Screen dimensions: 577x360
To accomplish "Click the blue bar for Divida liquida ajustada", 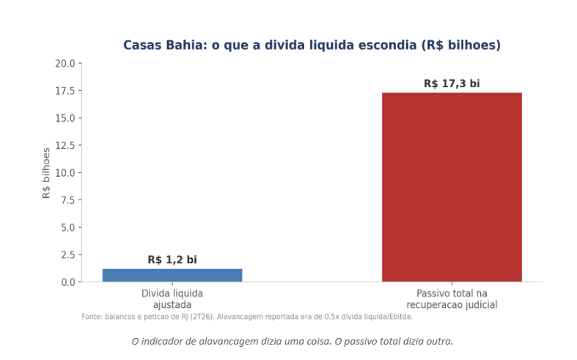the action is pos(172,276).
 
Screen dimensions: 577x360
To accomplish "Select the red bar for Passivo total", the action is pos(452,188).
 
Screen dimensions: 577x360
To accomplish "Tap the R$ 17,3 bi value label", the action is pos(452,84).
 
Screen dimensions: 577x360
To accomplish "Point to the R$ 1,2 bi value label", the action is pos(172,260).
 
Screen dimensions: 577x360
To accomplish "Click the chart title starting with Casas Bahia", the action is pos(312,45).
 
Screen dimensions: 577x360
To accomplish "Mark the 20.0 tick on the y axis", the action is pos(65,64).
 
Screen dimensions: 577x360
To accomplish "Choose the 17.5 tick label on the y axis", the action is pos(65,91).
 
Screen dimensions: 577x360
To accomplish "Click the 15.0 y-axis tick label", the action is pos(65,118).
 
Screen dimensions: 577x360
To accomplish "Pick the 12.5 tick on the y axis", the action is pos(65,145).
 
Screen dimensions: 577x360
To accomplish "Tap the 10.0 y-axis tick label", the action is pos(65,172).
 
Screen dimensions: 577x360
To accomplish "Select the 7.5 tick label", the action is pos(68,200).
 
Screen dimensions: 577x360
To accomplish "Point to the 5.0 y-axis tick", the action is pos(68,227).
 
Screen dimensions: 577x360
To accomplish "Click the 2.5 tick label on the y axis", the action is pos(68,254).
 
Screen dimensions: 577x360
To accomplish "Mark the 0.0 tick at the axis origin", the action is pos(68,282).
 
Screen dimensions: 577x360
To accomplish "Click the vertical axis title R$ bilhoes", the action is pos(46,173).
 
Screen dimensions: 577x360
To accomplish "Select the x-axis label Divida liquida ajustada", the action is pos(172,299).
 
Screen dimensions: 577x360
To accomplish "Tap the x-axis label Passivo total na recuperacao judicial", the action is pos(452,299).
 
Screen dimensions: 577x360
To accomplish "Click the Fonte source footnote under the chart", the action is pos(247,317).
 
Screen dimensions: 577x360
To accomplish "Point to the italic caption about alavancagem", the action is pos(293,341).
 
